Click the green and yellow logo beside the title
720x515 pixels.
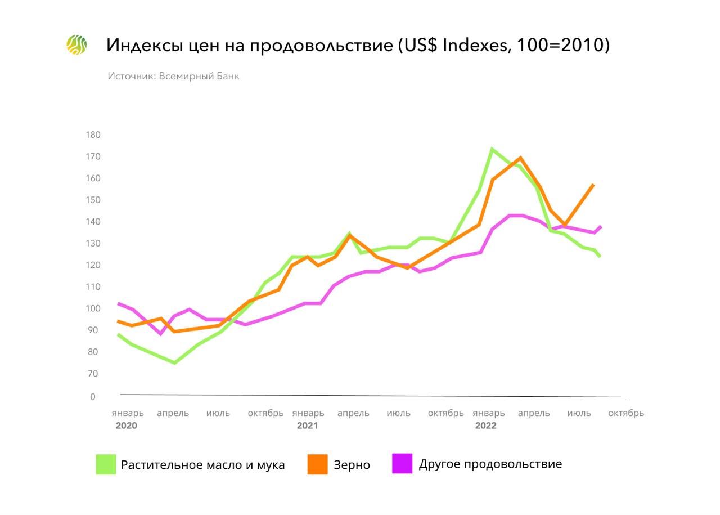(76, 45)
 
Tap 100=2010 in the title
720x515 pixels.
(560, 45)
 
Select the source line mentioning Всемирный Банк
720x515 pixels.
(173, 76)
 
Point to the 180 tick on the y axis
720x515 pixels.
(93, 135)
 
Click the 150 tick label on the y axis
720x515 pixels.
(93, 200)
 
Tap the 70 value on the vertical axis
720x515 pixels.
(93, 374)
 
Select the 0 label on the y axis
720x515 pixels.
(93, 397)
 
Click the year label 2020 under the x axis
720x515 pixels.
(127, 426)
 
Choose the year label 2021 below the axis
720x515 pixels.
(307, 426)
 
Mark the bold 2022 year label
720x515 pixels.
(486, 426)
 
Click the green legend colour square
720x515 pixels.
(106, 464)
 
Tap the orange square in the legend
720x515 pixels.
(317, 464)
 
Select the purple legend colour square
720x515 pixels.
(402, 463)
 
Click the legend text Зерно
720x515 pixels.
(352, 465)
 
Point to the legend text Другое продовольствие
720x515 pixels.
(490, 464)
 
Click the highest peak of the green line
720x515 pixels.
(492, 149)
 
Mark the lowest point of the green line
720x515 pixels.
(174, 363)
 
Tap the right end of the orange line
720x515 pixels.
(593, 185)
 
